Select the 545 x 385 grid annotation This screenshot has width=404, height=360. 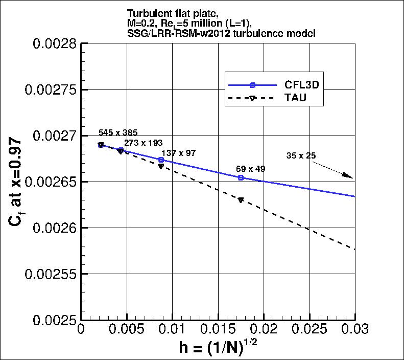pos(118,132)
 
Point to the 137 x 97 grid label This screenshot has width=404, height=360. pos(178,153)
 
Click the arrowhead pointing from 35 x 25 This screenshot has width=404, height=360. pos(349,176)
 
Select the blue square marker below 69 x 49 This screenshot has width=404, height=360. pos(241,177)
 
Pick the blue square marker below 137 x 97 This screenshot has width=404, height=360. pos(161,160)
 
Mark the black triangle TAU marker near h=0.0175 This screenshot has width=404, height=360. pos(241,200)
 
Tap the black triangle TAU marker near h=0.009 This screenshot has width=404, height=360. pos(161,166)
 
